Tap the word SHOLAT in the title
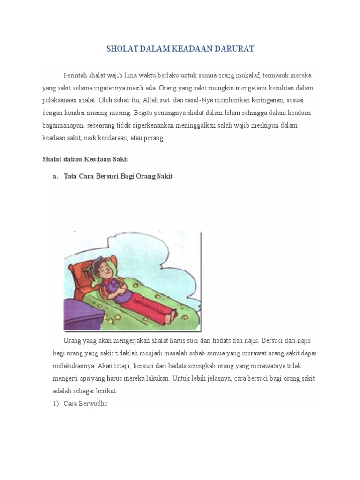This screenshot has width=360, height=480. pyautogui.click(x=120, y=49)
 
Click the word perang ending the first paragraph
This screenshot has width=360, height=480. pyautogui.click(x=155, y=138)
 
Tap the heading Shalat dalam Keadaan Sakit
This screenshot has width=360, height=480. pyautogui.click(x=85, y=159)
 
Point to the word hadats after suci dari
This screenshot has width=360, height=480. pyautogui.click(x=217, y=340)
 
